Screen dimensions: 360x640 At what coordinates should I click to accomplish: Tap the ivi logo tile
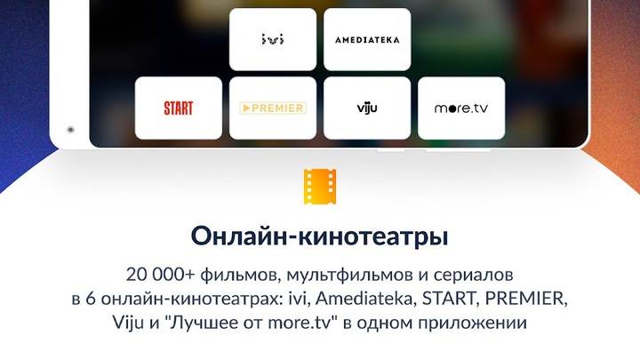coord(273,40)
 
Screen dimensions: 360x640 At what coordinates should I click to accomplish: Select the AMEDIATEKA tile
coord(367,40)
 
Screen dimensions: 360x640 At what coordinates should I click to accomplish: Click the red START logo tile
coord(179,108)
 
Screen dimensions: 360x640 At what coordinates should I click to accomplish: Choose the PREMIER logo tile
coord(273,108)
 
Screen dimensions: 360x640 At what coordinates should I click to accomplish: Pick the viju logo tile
coord(367,108)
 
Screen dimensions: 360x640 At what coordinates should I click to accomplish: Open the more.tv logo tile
coord(461,108)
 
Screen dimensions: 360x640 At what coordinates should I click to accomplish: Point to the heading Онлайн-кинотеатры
coord(320,237)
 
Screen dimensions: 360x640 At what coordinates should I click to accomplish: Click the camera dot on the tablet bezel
coord(68,130)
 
